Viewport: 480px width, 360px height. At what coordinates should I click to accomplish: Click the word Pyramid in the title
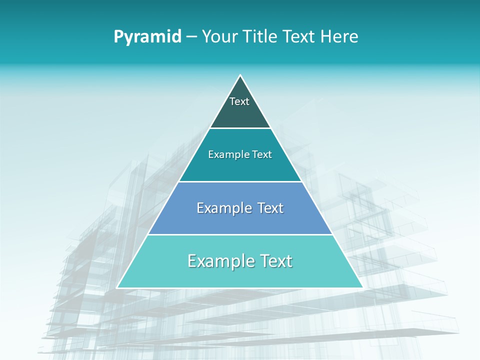[x=147, y=37]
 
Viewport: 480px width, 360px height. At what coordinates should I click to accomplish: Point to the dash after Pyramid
[x=191, y=37]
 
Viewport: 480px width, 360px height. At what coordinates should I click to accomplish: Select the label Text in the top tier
[x=239, y=101]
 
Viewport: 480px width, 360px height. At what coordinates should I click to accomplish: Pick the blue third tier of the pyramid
[x=240, y=222]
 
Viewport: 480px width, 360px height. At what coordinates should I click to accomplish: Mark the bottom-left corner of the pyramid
[x=117, y=287]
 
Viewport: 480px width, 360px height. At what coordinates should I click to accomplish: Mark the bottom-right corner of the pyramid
[x=362, y=287]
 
